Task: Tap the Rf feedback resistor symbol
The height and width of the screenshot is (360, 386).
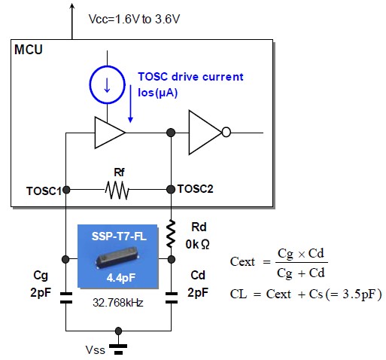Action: pyautogui.click(x=117, y=190)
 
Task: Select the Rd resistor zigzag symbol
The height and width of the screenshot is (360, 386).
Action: pyautogui.click(x=171, y=233)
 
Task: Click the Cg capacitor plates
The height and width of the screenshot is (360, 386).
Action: pyautogui.click(x=66, y=297)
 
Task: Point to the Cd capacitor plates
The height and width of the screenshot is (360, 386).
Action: pyautogui.click(x=172, y=297)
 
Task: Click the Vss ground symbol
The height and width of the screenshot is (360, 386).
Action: pyautogui.click(x=118, y=349)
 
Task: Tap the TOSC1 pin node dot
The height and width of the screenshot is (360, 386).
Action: pyautogui.click(x=66, y=190)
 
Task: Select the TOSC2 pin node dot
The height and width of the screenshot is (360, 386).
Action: pyautogui.click(x=171, y=189)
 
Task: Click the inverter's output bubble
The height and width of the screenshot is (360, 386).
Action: pyautogui.click(x=226, y=132)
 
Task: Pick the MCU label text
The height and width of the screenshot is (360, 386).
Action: pyautogui.click(x=29, y=50)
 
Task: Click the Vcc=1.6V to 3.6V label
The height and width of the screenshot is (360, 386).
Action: pyautogui.click(x=134, y=19)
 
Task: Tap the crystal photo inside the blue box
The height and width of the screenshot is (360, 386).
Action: pyautogui.click(x=117, y=258)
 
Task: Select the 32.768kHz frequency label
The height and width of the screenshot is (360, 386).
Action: pyautogui.click(x=118, y=303)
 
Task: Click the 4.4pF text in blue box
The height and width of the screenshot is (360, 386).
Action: pyautogui.click(x=121, y=278)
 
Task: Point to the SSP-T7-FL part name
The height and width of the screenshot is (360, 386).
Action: pyautogui.click(x=119, y=236)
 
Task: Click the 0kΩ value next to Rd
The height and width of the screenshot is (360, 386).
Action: pyautogui.click(x=197, y=244)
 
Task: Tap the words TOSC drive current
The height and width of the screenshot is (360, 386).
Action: pyautogui.click(x=190, y=77)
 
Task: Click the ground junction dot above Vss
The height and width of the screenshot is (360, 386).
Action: pyautogui.click(x=118, y=331)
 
